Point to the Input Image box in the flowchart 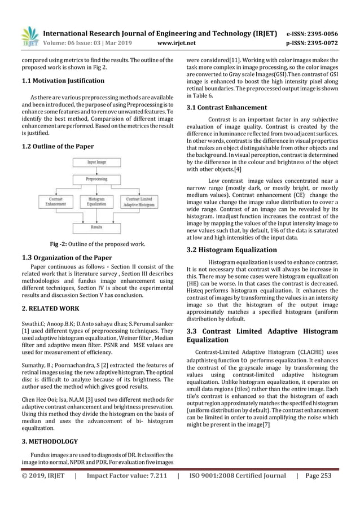96,162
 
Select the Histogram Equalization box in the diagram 96,203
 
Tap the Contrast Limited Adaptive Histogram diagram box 140,203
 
